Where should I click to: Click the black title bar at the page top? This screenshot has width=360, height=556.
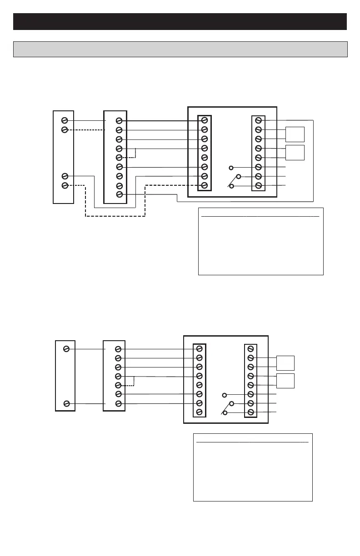pos(180,21)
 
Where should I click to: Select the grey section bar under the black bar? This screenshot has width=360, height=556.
pos(180,49)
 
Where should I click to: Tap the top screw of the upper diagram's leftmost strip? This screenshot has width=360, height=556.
pos(65,120)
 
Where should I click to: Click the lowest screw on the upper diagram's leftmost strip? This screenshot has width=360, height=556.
pos(65,185)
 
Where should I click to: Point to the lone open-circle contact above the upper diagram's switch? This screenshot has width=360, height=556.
pos(231,168)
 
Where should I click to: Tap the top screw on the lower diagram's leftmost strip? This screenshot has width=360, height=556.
pos(66,349)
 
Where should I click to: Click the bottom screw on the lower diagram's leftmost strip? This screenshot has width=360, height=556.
pos(66,403)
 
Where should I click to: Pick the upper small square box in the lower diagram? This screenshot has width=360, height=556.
pos(285,362)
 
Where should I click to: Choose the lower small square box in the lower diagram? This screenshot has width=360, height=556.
pos(285,381)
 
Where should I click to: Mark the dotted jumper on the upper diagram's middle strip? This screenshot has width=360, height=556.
pos(135,154)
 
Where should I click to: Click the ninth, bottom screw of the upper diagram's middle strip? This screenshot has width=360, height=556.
pos(119,194)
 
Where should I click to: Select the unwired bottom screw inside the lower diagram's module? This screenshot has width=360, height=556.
pos(199,412)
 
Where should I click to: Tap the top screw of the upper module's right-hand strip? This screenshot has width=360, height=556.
pos(258,120)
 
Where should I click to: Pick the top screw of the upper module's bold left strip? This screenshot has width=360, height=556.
pos(205,120)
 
